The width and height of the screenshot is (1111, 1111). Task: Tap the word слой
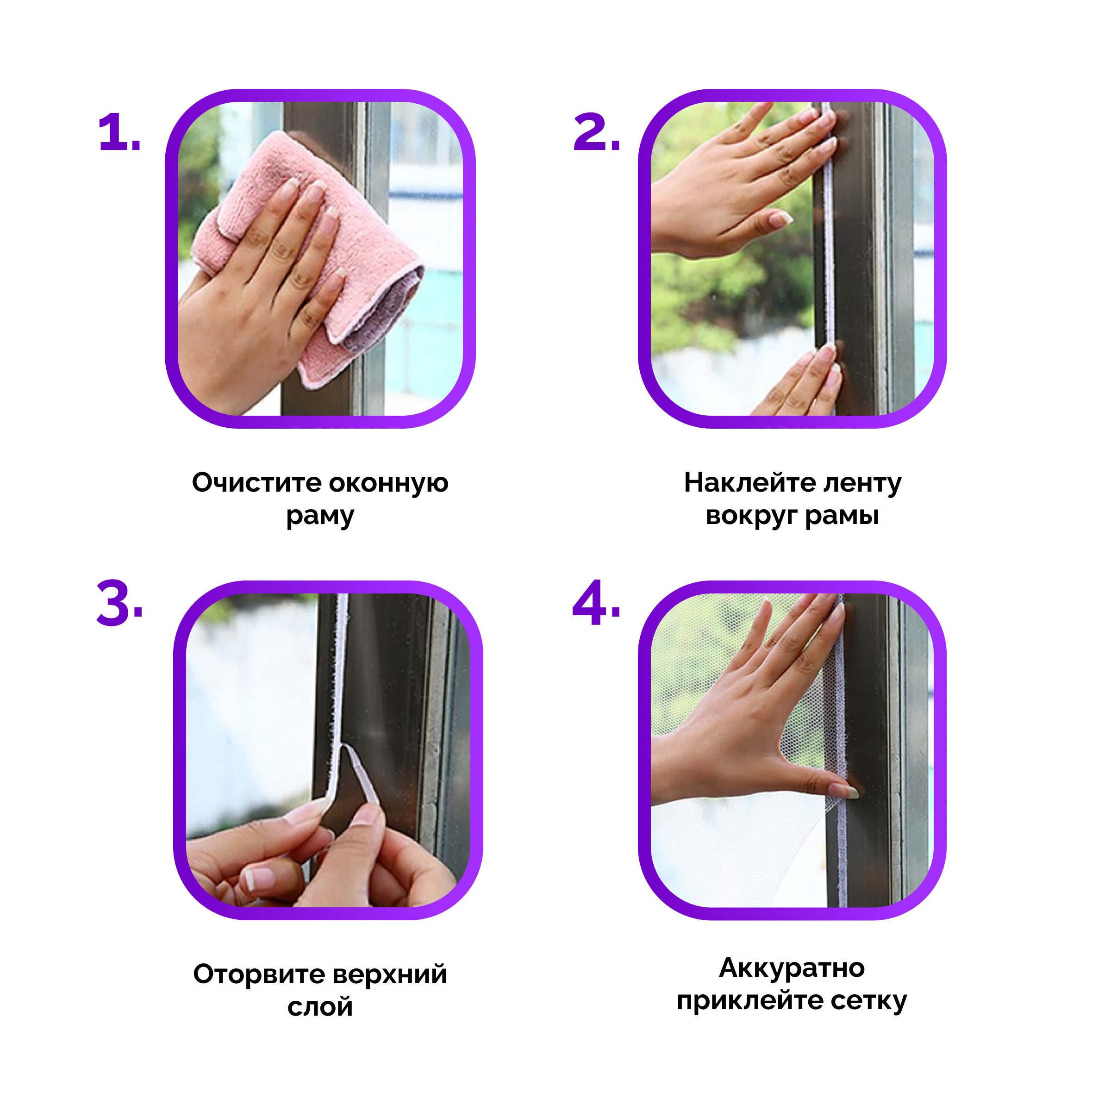pos(320,1006)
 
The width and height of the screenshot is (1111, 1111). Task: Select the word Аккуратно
pos(792,968)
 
